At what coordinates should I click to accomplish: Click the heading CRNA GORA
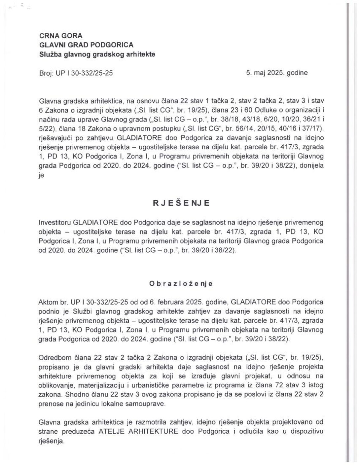click(61, 36)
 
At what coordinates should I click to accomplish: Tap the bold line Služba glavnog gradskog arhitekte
click(97, 54)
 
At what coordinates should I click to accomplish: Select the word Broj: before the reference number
click(46, 73)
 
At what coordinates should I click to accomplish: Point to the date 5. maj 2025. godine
click(277, 73)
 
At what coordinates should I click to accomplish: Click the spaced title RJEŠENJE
click(181, 203)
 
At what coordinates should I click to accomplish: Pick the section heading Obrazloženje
click(181, 283)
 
